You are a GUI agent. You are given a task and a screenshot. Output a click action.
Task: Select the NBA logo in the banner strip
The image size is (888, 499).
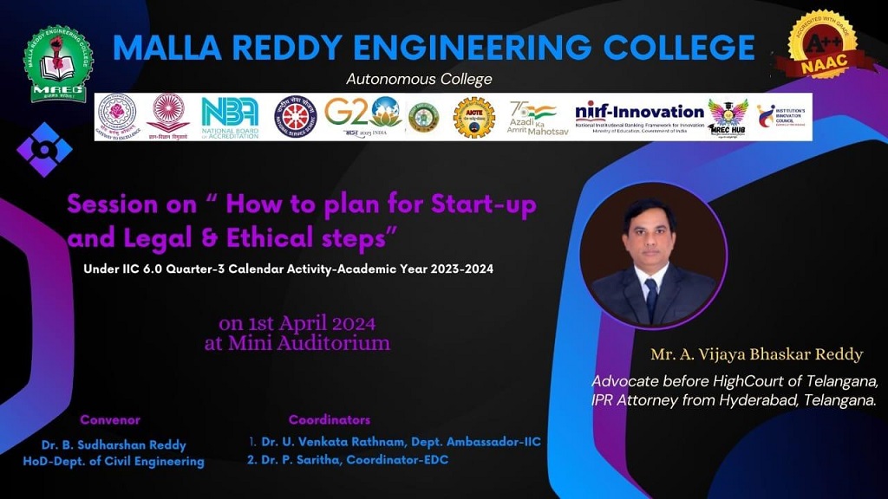230,117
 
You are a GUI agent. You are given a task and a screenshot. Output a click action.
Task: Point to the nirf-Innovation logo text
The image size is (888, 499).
639,113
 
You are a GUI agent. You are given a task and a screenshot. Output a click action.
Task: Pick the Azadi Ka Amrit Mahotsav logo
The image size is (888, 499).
532,117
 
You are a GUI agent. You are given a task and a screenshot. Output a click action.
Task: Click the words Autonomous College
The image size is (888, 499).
419,79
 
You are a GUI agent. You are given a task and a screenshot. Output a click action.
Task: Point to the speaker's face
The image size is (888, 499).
650,235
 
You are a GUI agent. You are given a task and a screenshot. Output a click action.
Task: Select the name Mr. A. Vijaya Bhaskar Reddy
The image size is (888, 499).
757,354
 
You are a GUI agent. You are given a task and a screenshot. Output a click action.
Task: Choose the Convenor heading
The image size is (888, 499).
110,420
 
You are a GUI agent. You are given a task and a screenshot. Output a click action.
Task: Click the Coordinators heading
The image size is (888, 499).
330,420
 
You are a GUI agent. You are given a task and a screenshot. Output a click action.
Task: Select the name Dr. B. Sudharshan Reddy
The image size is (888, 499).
114,445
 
